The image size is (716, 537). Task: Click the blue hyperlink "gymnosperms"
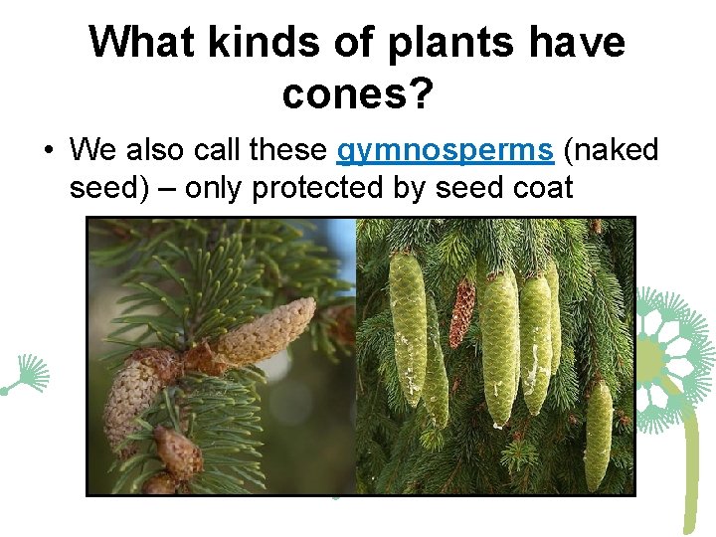pos(446,150)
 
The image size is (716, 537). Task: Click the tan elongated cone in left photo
pos(265,331)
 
